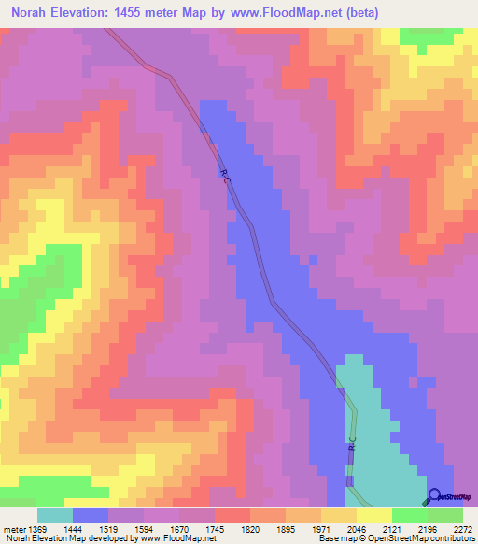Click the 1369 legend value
click(x=35, y=528)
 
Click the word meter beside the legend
click(x=11, y=528)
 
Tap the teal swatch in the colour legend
click(x=55, y=515)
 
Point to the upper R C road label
click(x=225, y=175)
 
